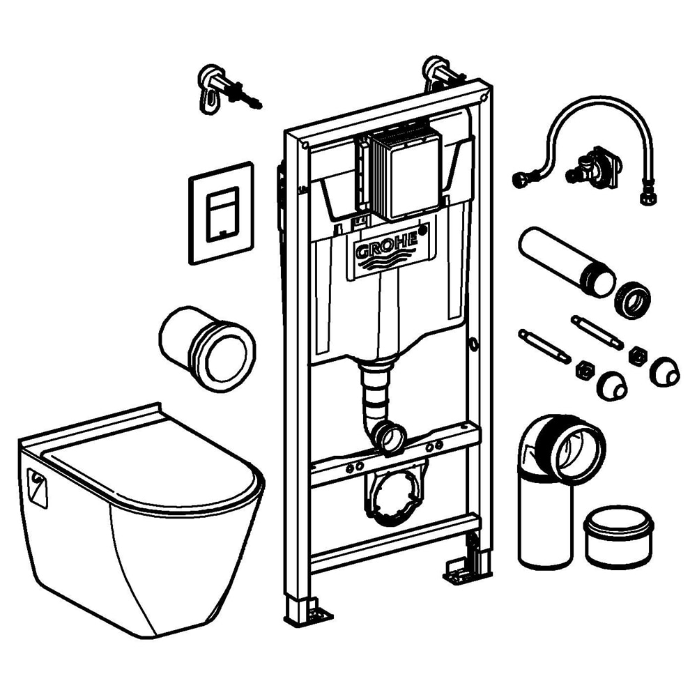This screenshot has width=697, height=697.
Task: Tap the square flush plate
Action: [220, 213]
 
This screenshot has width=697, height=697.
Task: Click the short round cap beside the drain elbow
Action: [618, 535]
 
